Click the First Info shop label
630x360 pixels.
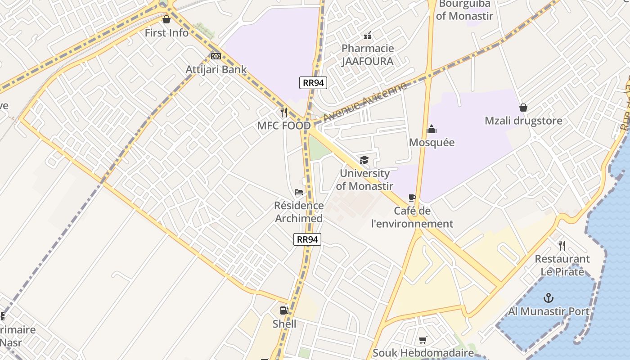(x=166, y=33)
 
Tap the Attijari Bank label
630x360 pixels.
(x=216, y=69)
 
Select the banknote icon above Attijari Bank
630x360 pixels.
(x=216, y=56)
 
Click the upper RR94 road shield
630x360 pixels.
(x=313, y=82)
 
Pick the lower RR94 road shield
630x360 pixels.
(x=307, y=239)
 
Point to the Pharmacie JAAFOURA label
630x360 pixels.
(x=367, y=55)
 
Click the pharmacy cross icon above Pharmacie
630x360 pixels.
(x=368, y=35)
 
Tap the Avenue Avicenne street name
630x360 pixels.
(x=365, y=102)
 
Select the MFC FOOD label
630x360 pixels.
(x=284, y=126)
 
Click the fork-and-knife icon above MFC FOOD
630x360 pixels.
(x=284, y=112)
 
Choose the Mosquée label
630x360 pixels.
(x=432, y=142)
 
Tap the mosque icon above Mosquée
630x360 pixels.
(x=432, y=130)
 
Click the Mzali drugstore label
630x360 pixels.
(x=523, y=121)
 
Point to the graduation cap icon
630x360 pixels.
(x=364, y=160)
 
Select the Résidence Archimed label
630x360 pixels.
(x=299, y=212)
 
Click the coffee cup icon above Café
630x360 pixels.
(x=412, y=198)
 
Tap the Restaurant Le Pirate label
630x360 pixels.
(x=562, y=265)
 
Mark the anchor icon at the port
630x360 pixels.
(x=548, y=298)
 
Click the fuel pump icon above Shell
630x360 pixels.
(x=284, y=310)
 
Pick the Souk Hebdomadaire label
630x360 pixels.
(x=423, y=353)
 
